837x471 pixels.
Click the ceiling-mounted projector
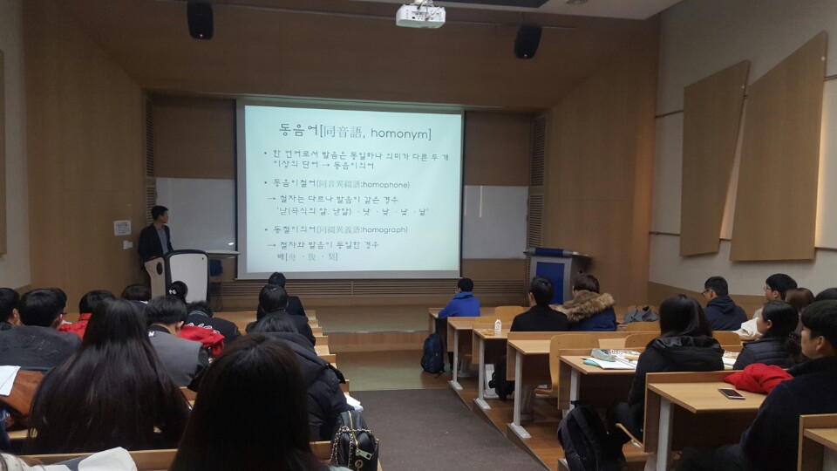(420, 14)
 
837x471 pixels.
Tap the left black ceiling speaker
(200, 18)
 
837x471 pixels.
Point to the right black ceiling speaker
(527, 40)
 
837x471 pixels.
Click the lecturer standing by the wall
(154, 236)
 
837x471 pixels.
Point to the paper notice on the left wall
(122, 228)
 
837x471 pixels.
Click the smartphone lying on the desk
(731, 393)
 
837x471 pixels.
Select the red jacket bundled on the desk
(757, 378)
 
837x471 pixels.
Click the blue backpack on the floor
(432, 353)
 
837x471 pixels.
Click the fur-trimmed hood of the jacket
(590, 304)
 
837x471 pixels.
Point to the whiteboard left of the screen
(194, 213)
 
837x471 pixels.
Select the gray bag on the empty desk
(641, 314)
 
